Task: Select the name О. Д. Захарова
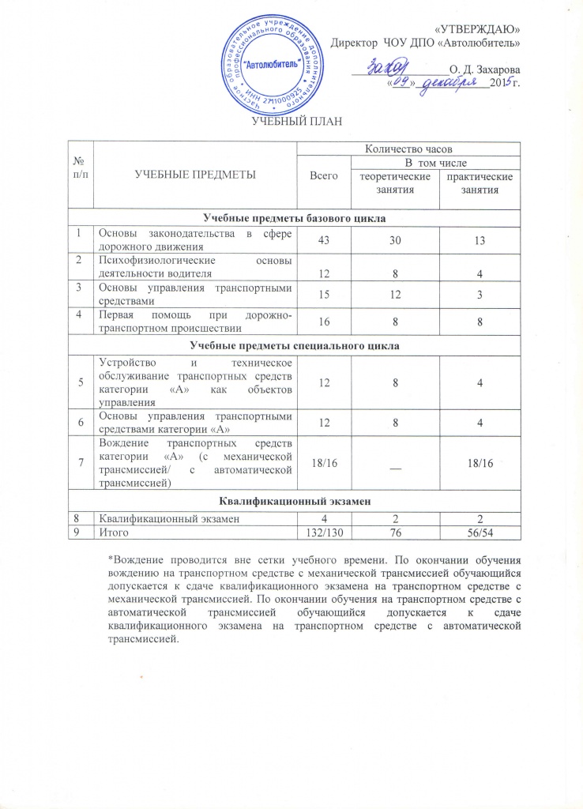483,70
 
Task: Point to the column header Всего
321,173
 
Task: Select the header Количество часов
408,147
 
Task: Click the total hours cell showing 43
321,241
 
